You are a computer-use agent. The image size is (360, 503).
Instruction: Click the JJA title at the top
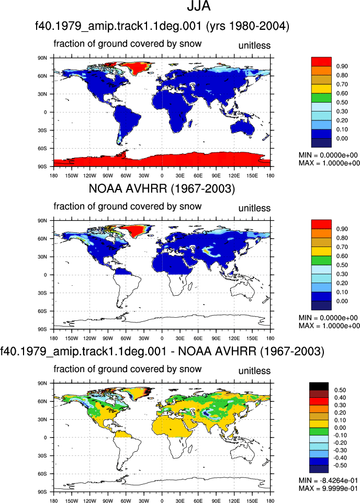tap(199, 6)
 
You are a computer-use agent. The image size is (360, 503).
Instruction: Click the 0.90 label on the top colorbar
tap(342, 66)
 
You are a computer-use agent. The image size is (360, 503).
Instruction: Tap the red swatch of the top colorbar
tap(321, 62)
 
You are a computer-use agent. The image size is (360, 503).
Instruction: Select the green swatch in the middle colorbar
tap(321, 261)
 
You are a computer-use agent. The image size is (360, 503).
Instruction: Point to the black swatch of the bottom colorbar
tap(319, 386)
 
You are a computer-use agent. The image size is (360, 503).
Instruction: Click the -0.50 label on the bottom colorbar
tap(340, 465)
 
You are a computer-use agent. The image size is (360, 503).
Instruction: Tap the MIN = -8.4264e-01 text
tap(328, 480)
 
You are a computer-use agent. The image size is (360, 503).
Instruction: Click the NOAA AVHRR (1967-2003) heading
tap(162, 188)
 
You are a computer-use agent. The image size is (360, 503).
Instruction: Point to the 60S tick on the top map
tap(42, 149)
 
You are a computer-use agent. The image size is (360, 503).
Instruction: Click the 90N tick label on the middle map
tap(42, 221)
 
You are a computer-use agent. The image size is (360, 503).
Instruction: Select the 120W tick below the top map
tap(90, 176)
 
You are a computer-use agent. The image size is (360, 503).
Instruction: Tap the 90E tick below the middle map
tap(216, 339)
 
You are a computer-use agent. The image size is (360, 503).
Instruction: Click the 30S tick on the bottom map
tap(42, 455)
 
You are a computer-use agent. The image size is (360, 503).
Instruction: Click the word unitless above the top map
tap(254, 46)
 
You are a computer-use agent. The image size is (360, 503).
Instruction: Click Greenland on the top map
tap(136, 68)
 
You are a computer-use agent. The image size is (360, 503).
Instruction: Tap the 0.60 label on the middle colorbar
tap(342, 256)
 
